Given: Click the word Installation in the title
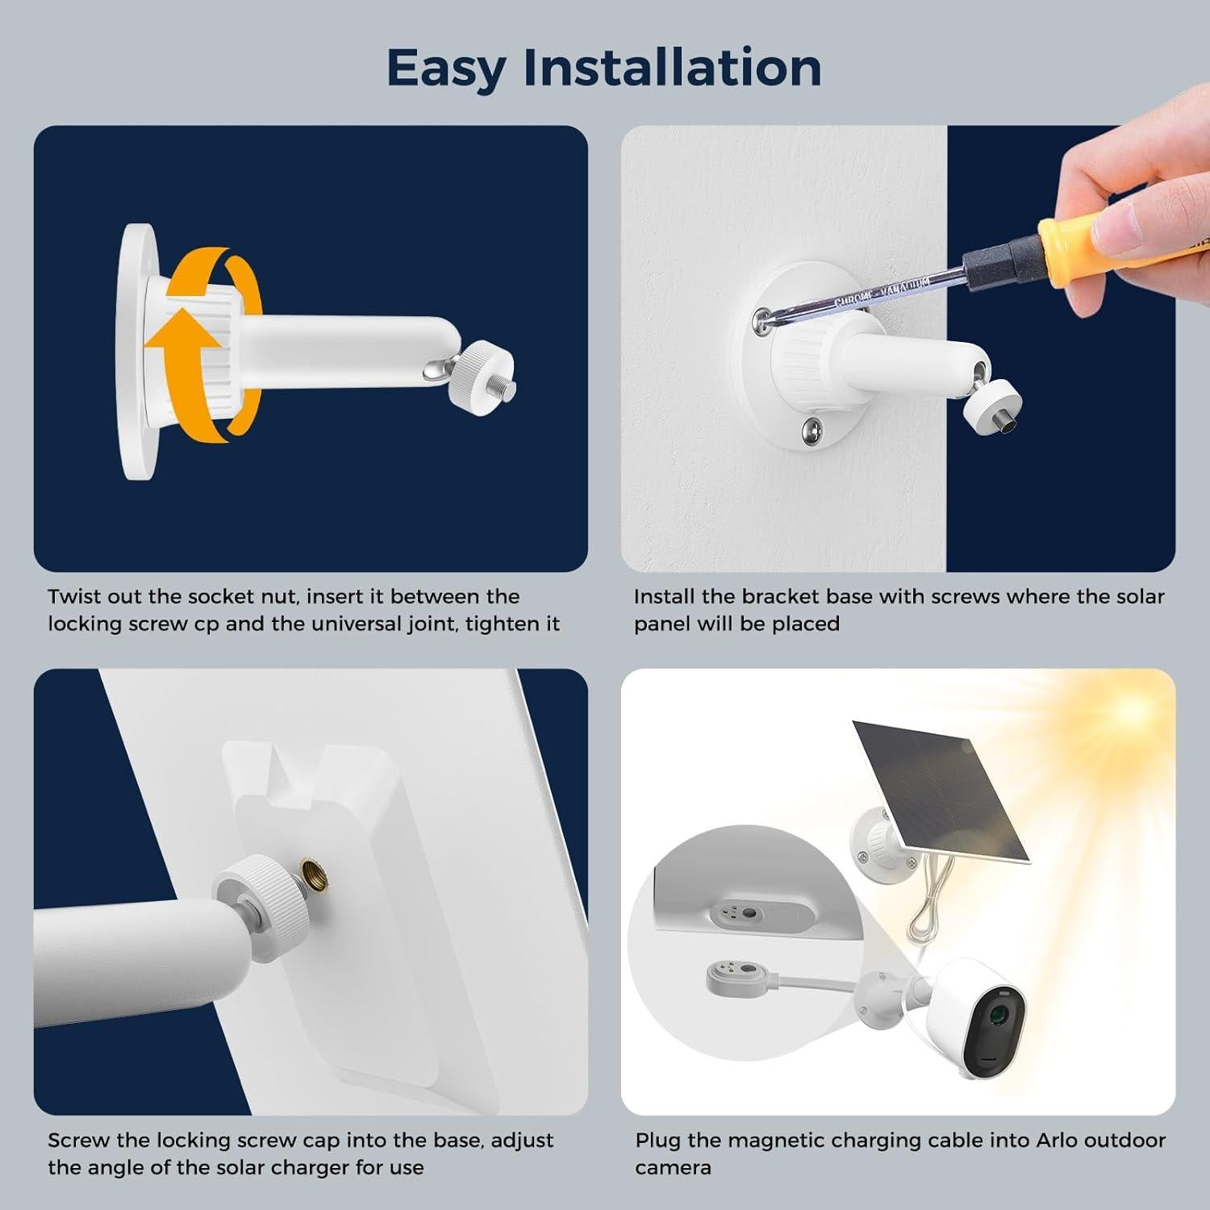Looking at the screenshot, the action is (673, 68).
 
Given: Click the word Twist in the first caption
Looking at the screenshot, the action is (75, 597).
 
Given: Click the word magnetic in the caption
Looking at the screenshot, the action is (777, 1141).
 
